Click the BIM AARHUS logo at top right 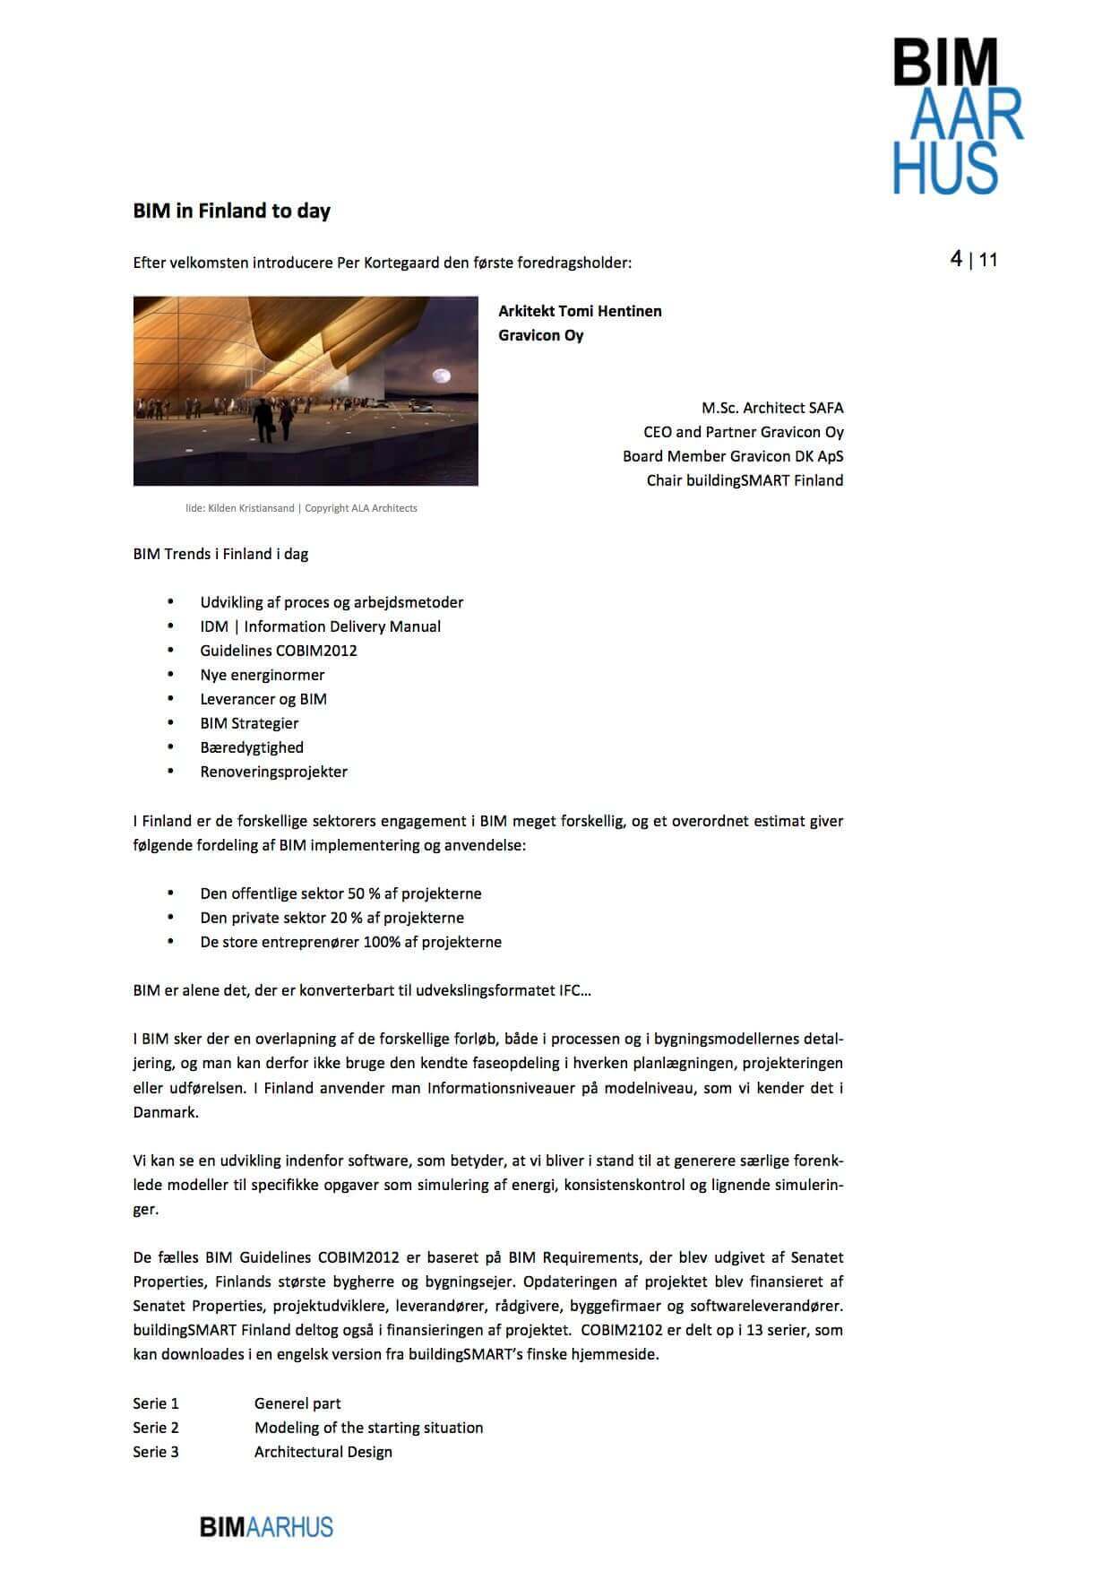(957, 116)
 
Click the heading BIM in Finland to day (232, 211)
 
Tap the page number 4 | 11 (974, 260)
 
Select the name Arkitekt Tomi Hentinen (580, 311)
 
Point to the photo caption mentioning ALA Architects (301, 508)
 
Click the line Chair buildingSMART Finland (745, 480)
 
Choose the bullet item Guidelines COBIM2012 (279, 651)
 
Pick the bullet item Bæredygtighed (252, 747)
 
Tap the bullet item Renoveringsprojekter (273, 772)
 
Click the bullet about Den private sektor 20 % (332, 918)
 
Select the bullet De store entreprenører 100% (350, 942)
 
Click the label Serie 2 (156, 1428)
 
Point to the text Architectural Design (323, 1452)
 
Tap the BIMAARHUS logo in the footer (266, 1527)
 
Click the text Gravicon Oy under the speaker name (541, 335)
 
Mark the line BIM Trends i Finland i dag (220, 554)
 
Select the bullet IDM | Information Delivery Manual (320, 626)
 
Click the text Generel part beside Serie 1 (297, 1403)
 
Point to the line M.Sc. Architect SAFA (772, 408)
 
